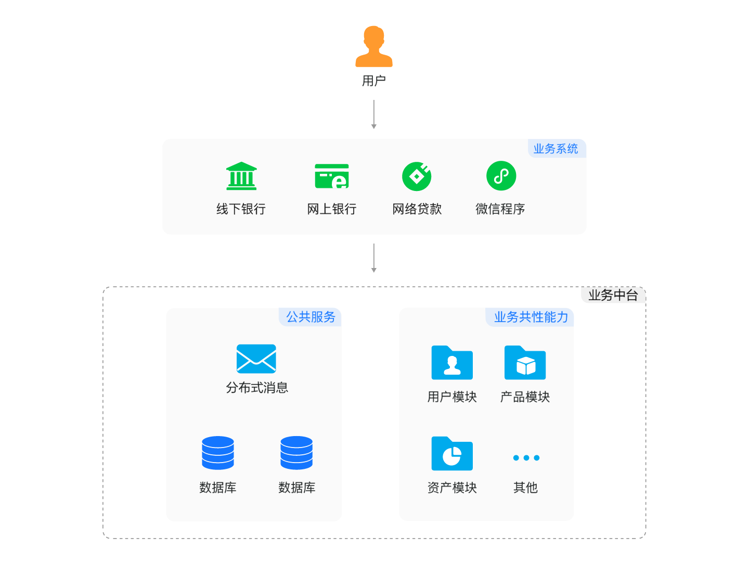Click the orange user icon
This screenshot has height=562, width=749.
[x=374, y=47]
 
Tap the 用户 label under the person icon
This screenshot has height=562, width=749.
[x=374, y=81]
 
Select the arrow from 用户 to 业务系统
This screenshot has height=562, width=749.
[x=373, y=114]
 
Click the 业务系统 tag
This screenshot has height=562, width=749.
[x=556, y=149]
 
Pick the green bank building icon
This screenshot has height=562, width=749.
[x=241, y=176]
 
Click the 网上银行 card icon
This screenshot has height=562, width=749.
[x=332, y=176]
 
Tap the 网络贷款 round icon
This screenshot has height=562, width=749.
[x=417, y=176]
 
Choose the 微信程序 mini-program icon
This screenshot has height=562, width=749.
[x=501, y=176]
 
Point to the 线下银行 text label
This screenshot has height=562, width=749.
[x=241, y=209]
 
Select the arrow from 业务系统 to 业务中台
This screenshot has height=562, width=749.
[x=373, y=258]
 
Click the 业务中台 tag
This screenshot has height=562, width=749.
[x=613, y=296]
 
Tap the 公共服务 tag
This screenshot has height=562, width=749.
[x=311, y=317]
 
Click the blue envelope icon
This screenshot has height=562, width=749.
[x=256, y=359]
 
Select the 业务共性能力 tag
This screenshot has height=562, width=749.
[x=531, y=317]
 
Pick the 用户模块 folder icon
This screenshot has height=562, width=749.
[x=452, y=363]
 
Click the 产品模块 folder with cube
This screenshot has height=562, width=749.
[x=525, y=363]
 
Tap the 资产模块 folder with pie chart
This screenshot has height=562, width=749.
[x=452, y=454]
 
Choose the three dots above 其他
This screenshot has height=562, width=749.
[x=526, y=458]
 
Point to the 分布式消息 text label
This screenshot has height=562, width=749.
[x=257, y=388]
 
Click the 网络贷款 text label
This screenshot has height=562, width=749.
[x=417, y=209]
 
